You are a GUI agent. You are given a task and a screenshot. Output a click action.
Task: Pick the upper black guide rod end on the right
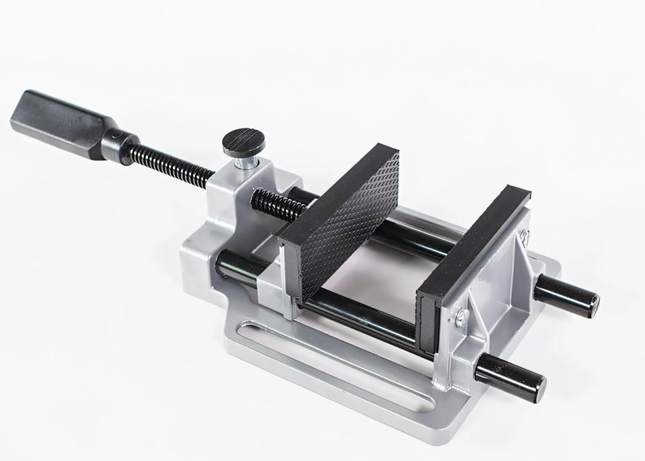[x=568, y=294]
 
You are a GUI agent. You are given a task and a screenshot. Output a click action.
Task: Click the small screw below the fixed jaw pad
[x=461, y=317]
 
